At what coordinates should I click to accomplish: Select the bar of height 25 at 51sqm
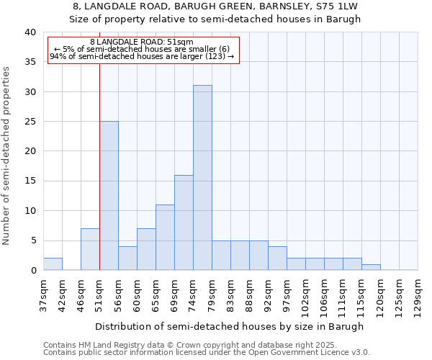click(109, 196)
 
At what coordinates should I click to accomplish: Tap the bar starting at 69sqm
click(184, 222)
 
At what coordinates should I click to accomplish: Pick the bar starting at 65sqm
click(165, 238)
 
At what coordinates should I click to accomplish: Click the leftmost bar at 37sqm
click(53, 264)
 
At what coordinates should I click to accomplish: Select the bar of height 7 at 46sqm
click(90, 249)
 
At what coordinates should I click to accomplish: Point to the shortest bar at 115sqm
click(371, 267)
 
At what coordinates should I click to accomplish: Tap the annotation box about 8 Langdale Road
click(143, 49)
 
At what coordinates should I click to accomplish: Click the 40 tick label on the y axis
click(30, 32)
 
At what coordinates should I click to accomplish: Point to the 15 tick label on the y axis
click(30, 181)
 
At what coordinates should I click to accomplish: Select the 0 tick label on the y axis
click(32, 270)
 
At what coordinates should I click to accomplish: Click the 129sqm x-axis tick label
click(418, 294)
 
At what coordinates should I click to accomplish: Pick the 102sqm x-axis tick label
click(305, 294)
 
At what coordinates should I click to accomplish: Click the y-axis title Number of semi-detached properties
click(7, 156)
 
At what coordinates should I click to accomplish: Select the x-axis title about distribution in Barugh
click(229, 326)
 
